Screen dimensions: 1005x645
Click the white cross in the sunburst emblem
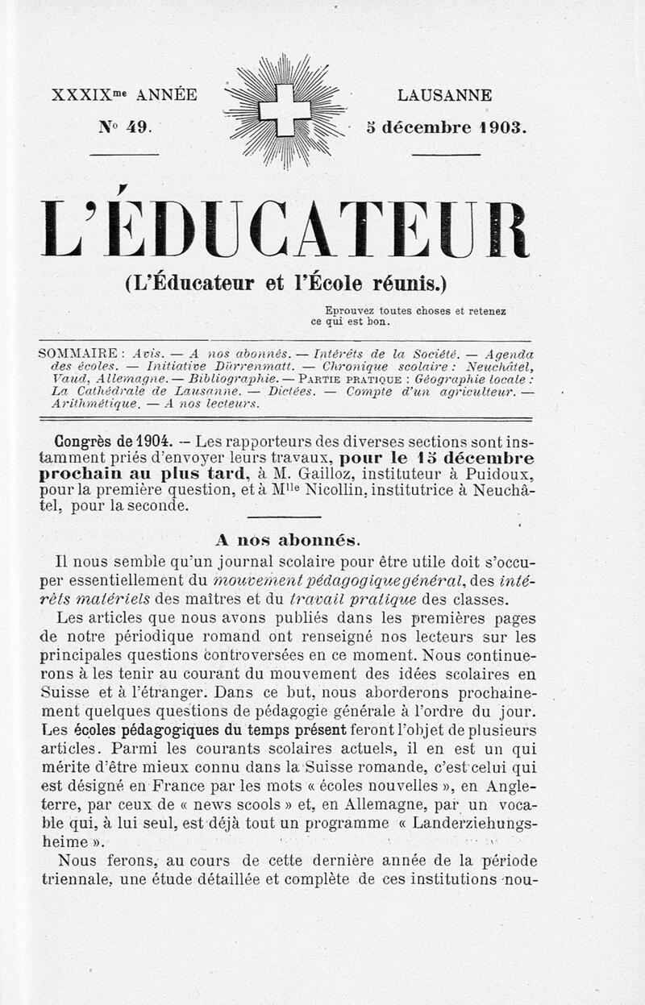point(284,110)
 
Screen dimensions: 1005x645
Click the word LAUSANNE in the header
point(444,95)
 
